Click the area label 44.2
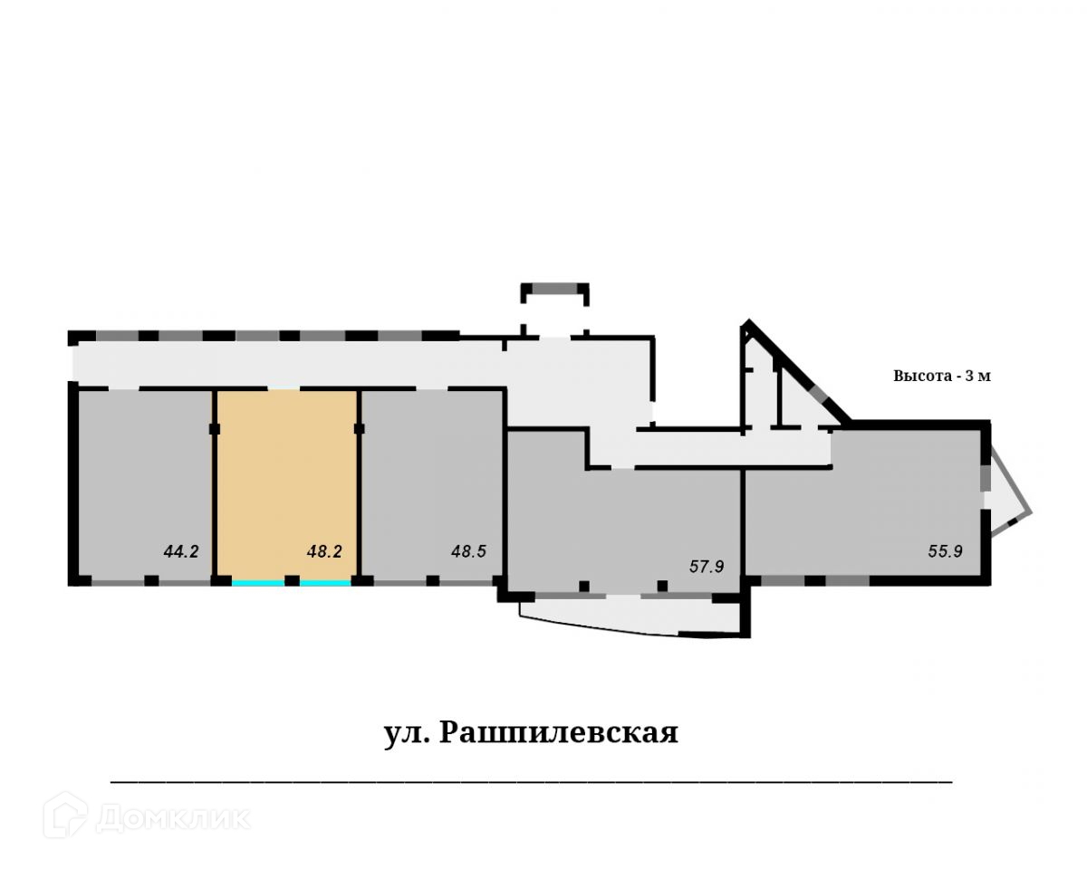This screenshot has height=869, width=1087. (x=181, y=549)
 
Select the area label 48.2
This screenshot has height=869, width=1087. (x=323, y=549)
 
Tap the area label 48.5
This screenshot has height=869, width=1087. (x=469, y=549)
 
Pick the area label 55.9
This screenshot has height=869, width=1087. (x=945, y=549)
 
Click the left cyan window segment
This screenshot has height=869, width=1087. (x=258, y=583)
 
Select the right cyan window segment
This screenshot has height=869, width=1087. (x=325, y=583)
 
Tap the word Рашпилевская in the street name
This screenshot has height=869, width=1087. (x=559, y=732)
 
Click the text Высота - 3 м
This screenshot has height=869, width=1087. (x=942, y=377)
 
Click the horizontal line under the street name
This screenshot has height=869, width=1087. (x=531, y=779)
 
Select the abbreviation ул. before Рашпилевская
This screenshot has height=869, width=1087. (x=405, y=732)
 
